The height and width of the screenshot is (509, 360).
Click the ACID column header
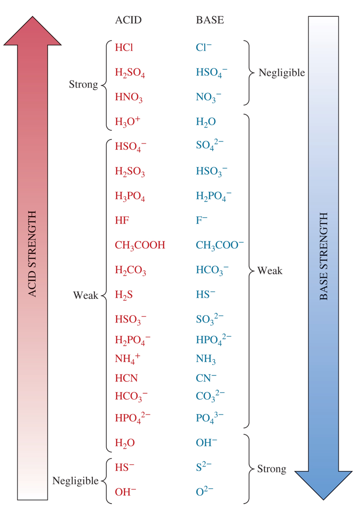coord(129,20)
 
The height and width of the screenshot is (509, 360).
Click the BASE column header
coord(210,20)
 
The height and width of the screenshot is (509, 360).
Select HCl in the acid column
coord(124,47)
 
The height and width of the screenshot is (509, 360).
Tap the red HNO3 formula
coord(129,98)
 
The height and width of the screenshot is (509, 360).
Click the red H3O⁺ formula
coord(128,122)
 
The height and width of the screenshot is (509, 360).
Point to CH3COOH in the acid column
coord(140,245)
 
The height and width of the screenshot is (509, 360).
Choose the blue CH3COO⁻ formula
coord(220,245)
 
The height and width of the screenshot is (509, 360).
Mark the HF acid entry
coord(122,221)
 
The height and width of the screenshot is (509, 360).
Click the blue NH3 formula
coord(206,360)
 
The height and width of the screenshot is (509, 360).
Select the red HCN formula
coord(126,378)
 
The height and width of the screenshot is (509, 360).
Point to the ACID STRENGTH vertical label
coord(33,254)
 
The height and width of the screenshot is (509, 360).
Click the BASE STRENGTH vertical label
coord(323,257)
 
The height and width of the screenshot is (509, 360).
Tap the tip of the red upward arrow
coord(33,18)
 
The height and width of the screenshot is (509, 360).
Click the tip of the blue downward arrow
coord(324,498)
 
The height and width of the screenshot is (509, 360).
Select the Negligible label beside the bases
coord(281,73)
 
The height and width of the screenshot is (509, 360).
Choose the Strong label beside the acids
coord(83,85)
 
